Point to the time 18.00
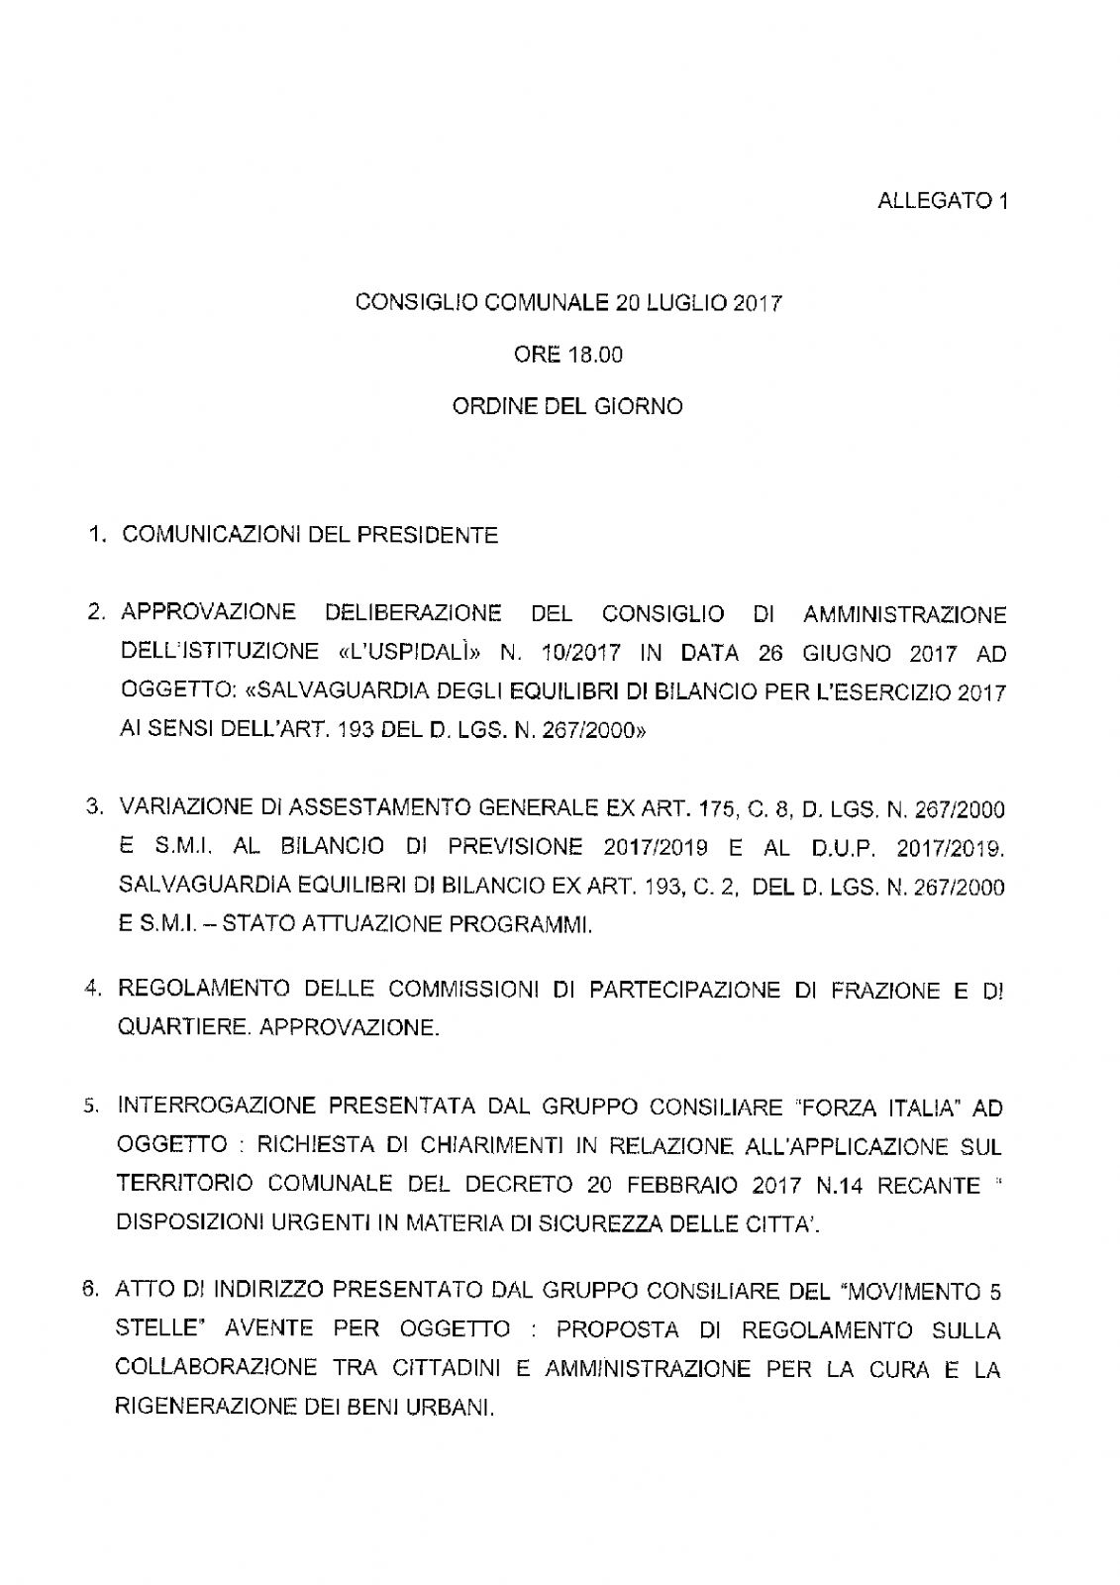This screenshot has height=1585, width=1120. tap(594, 355)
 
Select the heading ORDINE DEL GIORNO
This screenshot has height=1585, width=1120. tap(567, 406)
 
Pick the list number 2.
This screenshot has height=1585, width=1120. tap(95, 613)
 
